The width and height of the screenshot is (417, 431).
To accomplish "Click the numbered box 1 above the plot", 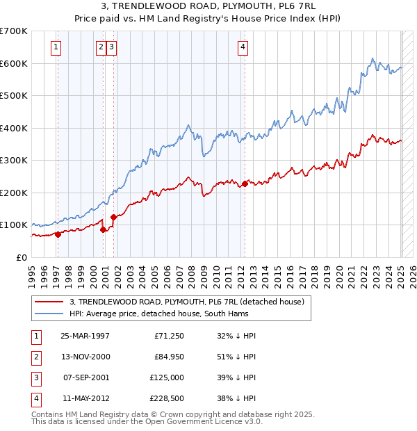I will click(x=55, y=47).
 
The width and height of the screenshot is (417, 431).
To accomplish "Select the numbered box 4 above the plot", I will click(x=243, y=47).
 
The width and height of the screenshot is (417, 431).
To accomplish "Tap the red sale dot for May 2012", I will click(x=245, y=184).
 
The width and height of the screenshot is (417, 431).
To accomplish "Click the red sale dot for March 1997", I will click(x=58, y=234).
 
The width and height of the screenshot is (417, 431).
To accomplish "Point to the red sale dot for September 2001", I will click(x=113, y=217).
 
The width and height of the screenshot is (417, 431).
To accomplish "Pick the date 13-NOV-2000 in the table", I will click(x=85, y=357).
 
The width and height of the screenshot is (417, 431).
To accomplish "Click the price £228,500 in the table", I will click(x=167, y=398).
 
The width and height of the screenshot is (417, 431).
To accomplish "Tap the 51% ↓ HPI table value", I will click(x=236, y=357).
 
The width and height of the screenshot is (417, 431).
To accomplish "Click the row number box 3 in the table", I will click(x=35, y=377).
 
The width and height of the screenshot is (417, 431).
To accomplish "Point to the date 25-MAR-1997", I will click(x=85, y=336).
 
